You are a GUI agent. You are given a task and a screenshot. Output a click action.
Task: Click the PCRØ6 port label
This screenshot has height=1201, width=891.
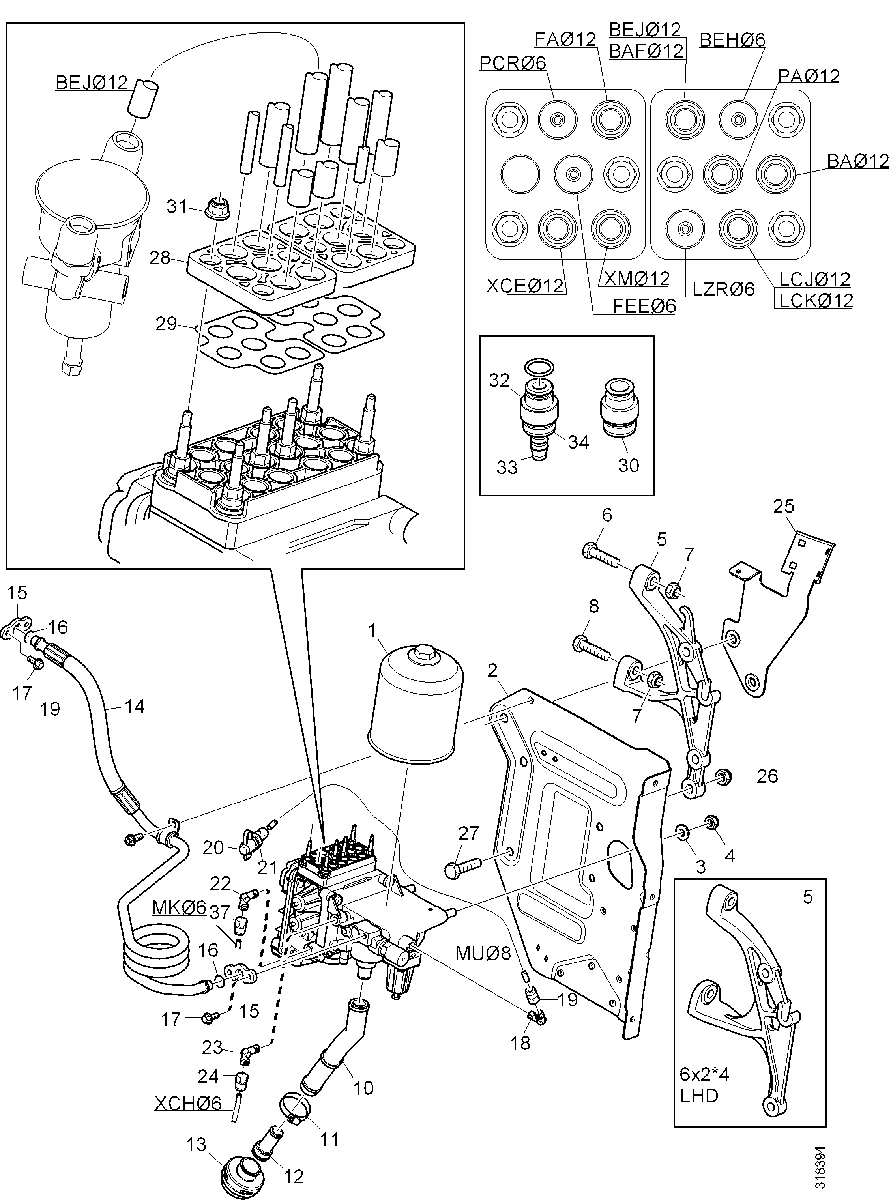(x=512, y=63)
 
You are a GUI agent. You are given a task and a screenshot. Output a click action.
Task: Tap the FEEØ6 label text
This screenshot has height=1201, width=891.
(x=644, y=306)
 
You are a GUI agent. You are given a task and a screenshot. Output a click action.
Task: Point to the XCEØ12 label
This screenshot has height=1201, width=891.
(x=525, y=285)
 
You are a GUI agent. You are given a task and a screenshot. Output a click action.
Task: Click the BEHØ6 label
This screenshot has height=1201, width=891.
(x=732, y=39)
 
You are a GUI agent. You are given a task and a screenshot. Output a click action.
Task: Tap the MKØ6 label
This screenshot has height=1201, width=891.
(x=179, y=907)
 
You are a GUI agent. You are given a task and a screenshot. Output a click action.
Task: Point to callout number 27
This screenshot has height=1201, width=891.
(x=468, y=833)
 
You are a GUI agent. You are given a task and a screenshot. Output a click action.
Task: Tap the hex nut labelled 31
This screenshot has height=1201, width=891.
(x=216, y=206)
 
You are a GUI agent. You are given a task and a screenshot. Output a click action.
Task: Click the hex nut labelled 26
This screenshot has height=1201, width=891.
(x=723, y=776)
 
